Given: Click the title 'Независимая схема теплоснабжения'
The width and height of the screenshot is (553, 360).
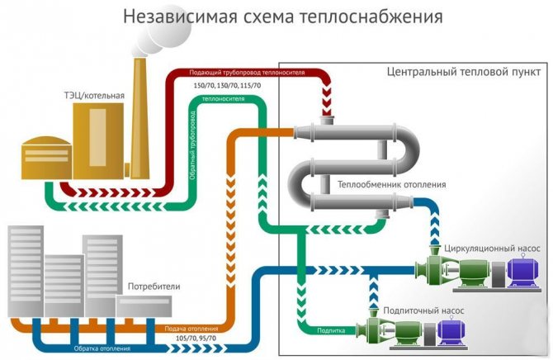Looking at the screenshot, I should [276, 17].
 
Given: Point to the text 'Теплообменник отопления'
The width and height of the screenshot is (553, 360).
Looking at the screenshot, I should [392, 185].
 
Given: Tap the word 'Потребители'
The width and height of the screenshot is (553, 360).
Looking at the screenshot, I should [154, 287].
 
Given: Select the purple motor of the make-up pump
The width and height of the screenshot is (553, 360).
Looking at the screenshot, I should [452, 331].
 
